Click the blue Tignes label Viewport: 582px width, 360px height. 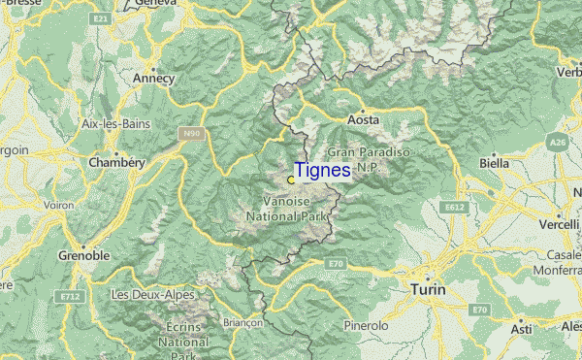(323, 170)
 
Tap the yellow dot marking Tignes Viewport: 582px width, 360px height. (291, 180)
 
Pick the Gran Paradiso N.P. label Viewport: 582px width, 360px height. (370, 159)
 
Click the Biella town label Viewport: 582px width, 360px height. (494, 164)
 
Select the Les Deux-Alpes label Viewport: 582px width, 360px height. (152, 294)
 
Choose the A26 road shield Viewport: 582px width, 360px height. (559, 143)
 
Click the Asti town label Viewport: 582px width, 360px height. (522, 330)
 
